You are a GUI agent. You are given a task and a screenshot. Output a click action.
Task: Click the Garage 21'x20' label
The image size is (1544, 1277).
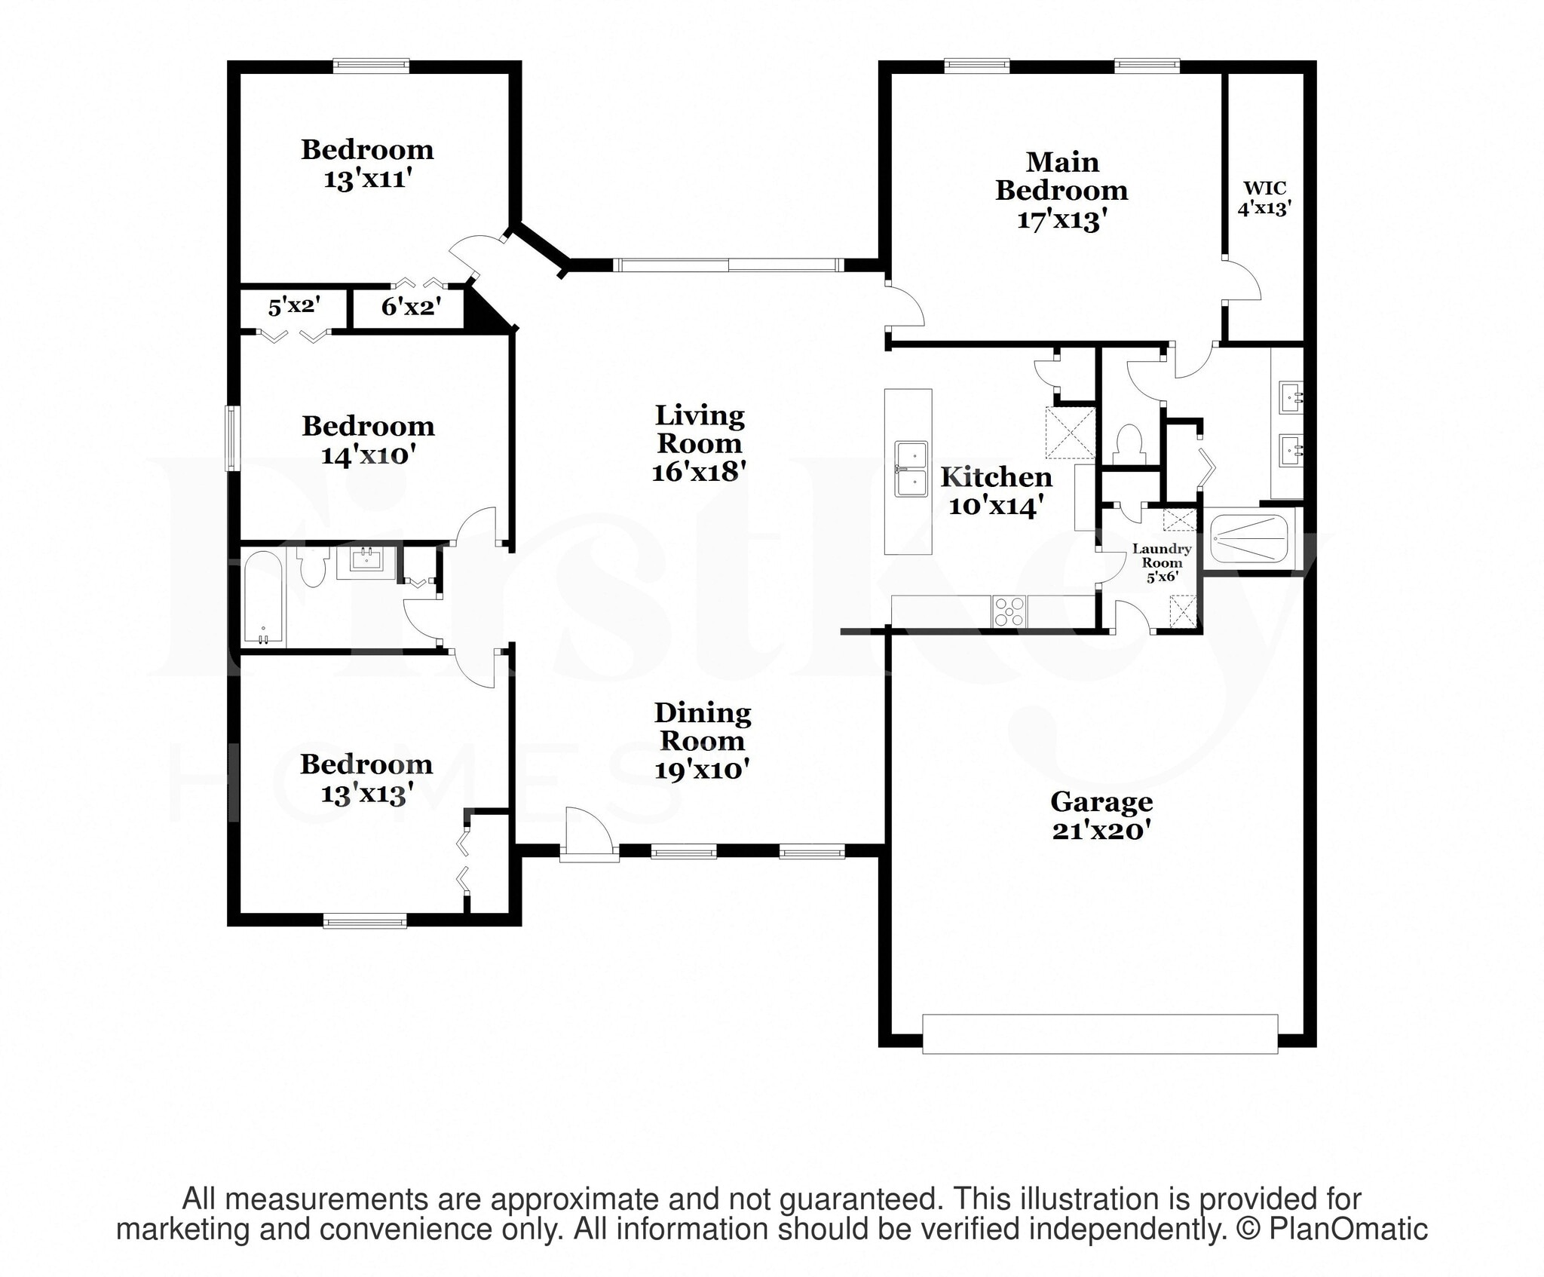point(1101,815)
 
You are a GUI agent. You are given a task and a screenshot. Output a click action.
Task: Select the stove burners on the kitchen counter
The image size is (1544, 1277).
point(1009,611)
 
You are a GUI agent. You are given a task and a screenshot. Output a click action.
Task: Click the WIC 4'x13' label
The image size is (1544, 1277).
point(1264,198)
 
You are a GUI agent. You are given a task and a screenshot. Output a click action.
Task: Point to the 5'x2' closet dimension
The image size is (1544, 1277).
point(294,306)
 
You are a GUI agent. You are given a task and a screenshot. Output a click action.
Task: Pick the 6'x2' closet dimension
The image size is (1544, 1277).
point(410,306)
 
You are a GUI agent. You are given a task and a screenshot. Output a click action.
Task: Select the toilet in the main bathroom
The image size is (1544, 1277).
point(1129,444)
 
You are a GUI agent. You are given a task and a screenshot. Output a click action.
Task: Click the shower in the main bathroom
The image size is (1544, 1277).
point(1248,538)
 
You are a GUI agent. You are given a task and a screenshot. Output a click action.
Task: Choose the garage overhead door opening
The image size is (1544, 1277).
point(1100,1033)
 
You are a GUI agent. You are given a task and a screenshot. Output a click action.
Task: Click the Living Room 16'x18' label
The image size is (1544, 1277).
point(700,443)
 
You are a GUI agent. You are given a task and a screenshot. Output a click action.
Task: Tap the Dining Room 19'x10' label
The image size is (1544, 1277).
point(702,740)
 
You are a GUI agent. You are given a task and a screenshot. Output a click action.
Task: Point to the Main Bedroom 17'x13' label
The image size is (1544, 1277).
point(1061,191)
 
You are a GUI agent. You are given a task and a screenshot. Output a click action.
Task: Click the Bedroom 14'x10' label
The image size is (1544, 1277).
point(368,440)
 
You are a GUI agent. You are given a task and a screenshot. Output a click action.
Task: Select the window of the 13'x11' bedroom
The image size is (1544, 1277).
point(372,66)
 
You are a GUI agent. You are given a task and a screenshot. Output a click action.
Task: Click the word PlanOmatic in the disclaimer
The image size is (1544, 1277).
point(1348,1229)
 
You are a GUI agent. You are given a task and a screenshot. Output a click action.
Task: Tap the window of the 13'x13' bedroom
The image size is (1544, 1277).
point(365,920)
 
